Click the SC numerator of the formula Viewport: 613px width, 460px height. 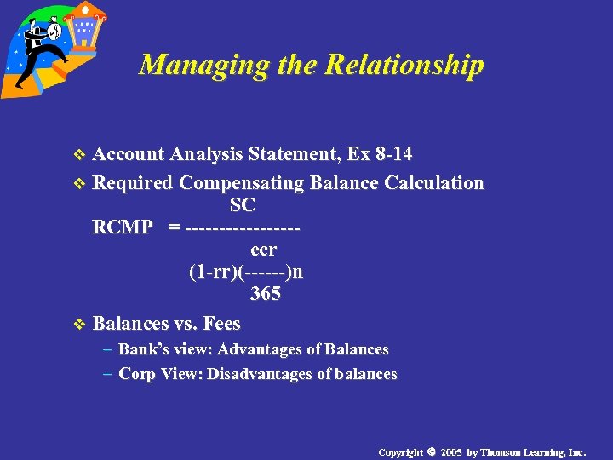[242, 206]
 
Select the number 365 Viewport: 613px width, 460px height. [266, 295]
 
